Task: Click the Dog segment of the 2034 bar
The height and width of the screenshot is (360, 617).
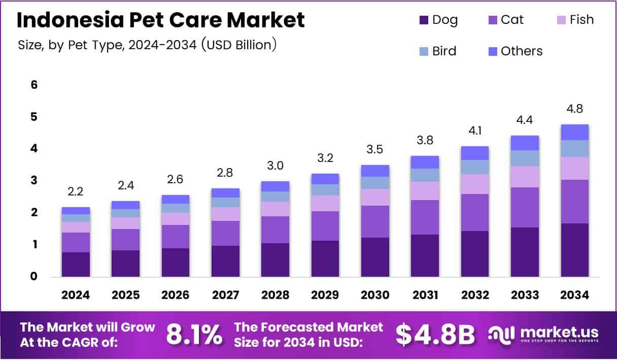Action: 574,250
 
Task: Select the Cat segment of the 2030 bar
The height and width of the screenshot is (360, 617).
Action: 375,221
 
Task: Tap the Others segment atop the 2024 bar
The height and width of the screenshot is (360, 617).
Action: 76,210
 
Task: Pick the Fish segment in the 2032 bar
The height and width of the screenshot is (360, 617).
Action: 474,184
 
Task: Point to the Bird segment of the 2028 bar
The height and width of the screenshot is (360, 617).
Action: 275,197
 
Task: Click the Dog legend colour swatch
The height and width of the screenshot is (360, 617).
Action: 424,20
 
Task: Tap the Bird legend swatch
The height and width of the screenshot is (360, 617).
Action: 424,51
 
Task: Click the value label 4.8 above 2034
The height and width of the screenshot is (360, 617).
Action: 574,109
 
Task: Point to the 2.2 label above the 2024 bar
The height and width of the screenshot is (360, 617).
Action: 76,192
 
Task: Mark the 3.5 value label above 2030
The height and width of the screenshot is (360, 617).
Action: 375,150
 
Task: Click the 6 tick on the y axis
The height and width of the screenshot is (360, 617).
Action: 34,85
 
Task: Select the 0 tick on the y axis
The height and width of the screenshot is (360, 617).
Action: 34,277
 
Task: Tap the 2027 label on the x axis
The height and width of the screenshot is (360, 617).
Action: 225,295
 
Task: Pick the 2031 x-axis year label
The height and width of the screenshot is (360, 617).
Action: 425,295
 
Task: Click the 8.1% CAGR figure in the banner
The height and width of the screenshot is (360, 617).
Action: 194,334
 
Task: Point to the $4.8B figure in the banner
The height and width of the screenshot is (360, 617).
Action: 435,334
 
